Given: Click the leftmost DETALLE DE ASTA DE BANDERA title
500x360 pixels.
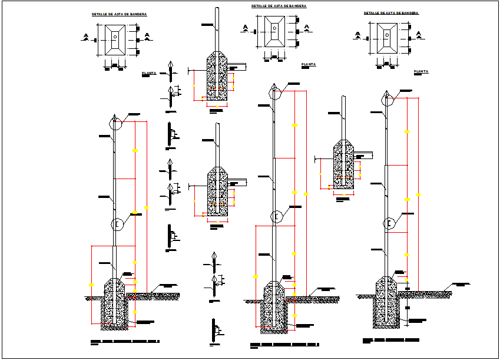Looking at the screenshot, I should (x=120, y=14).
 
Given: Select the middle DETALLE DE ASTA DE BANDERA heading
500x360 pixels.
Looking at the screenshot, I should (x=279, y=5).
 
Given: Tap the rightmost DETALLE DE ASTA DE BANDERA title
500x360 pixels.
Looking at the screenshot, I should (x=391, y=12).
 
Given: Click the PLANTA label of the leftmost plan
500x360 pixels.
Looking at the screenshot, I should (x=148, y=74).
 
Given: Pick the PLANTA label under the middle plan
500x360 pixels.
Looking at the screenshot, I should (x=308, y=64).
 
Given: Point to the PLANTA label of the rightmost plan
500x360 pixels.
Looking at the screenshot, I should (x=420, y=71).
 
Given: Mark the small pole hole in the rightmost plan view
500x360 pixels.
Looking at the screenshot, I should (x=387, y=35).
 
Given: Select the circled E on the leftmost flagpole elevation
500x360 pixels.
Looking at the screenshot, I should (x=118, y=224).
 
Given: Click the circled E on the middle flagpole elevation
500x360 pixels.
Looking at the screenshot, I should (x=275, y=216).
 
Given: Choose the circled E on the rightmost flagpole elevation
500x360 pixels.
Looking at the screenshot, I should (x=389, y=223).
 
